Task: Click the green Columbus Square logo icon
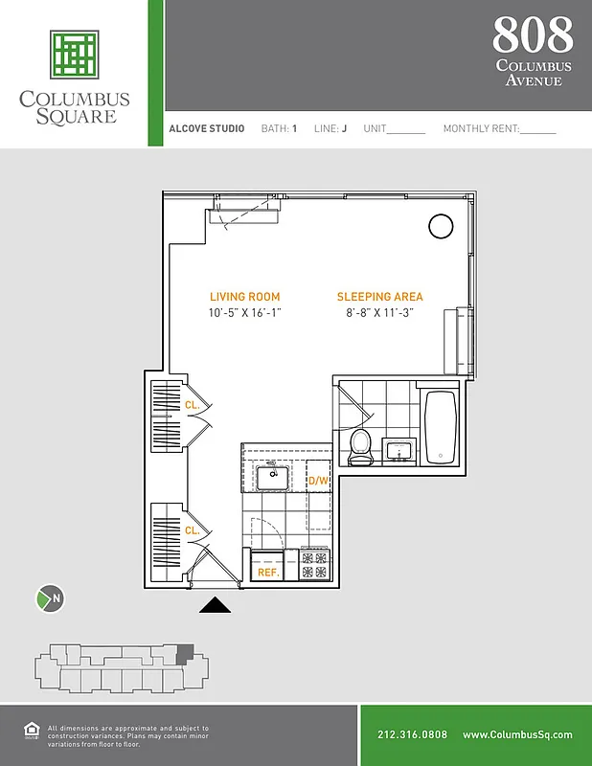pyautogui.click(x=75, y=55)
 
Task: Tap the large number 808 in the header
pyautogui.click(x=533, y=35)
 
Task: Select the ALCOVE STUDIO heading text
pyautogui.click(x=206, y=128)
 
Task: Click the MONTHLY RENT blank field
pyautogui.click(x=538, y=130)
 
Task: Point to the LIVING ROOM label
pyautogui.click(x=245, y=297)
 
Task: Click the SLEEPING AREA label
pyautogui.click(x=379, y=297)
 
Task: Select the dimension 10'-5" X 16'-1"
pyautogui.click(x=245, y=313)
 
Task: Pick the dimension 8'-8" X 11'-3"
pyautogui.click(x=379, y=313)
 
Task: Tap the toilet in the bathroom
pyautogui.click(x=361, y=446)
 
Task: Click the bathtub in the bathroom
pyautogui.click(x=442, y=428)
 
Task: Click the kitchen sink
pyautogui.click(x=273, y=474)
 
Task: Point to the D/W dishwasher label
pyautogui.click(x=318, y=480)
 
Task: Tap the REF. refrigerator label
pyautogui.click(x=267, y=572)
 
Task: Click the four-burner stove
pyautogui.click(x=314, y=564)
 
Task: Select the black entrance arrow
pyautogui.click(x=216, y=604)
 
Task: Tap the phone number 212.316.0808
pyautogui.click(x=412, y=735)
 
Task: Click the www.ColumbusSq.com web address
pyautogui.click(x=517, y=735)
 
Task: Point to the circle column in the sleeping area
pyautogui.click(x=440, y=226)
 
